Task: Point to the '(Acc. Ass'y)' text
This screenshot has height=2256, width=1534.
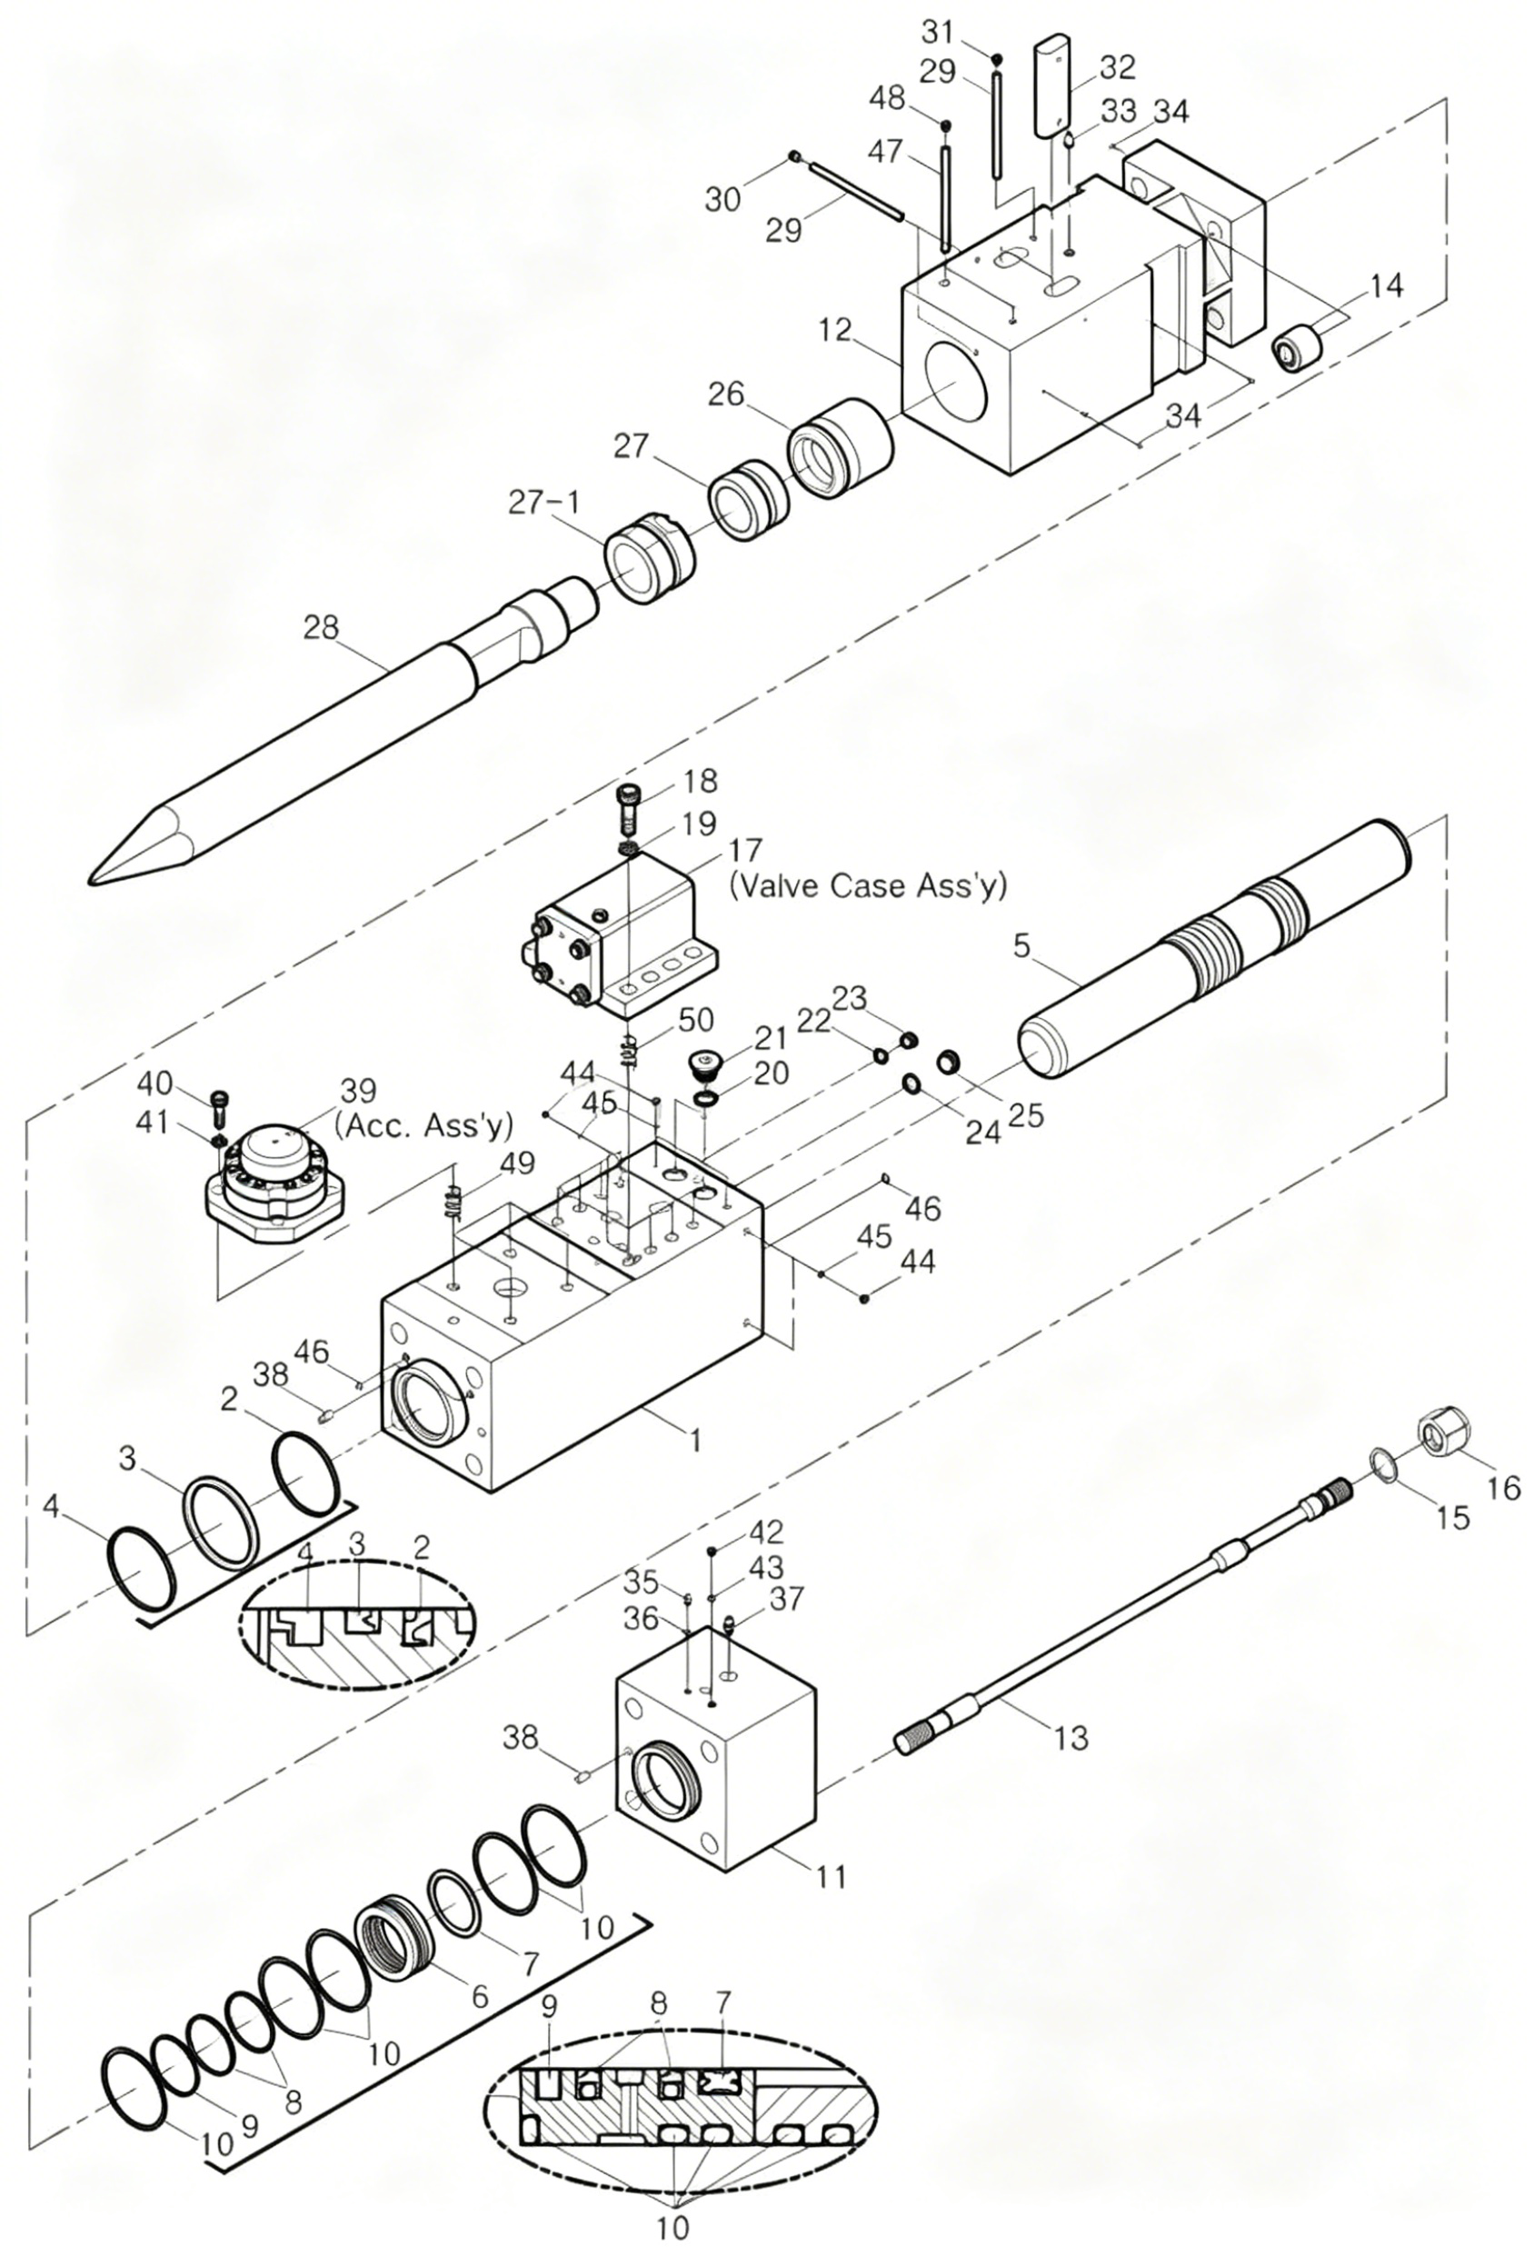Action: [x=423, y=1123]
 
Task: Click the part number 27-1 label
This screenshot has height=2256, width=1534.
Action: [x=545, y=502]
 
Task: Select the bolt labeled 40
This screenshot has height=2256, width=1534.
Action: [x=217, y=1103]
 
